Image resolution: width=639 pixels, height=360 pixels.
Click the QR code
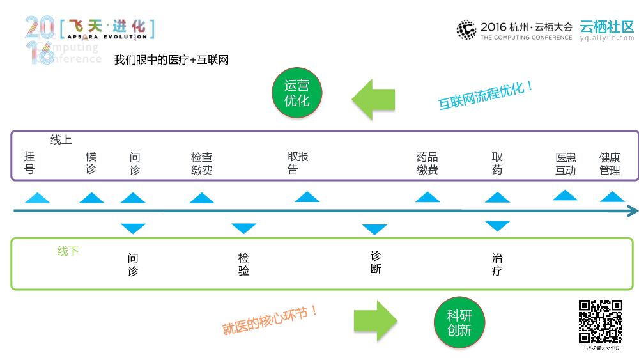tap(601, 322)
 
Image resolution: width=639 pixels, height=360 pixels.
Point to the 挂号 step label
tap(29, 163)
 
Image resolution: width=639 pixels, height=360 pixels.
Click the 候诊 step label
tap(91, 163)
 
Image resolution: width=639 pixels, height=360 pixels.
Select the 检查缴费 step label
tap(201, 164)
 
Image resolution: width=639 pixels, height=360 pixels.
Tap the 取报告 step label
tap(297, 162)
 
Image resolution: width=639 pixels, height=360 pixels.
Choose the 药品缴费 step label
tap(427, 164)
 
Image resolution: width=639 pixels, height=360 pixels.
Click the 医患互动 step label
tap(566, 164)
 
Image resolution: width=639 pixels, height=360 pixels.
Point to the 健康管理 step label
tap(610, 164)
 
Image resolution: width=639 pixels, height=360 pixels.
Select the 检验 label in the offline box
tap(243, 264)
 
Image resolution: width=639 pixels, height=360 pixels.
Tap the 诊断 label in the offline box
tap(376, 262)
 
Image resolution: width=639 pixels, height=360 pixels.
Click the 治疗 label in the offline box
tap(497, 264)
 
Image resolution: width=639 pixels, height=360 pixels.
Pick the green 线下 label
tap(68, 251)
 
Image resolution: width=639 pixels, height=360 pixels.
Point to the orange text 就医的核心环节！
tap(270, 320)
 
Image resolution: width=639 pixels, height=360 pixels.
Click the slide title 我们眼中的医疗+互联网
tap(171, 60)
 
